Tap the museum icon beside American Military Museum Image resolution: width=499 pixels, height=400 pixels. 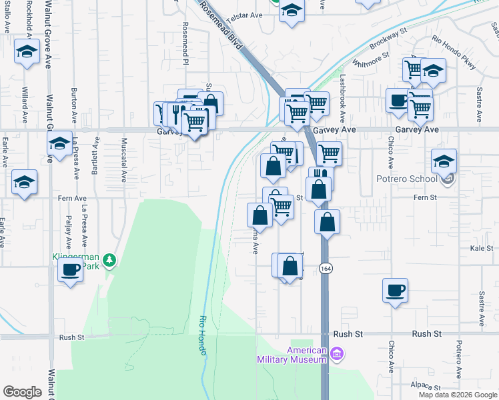[337, 353]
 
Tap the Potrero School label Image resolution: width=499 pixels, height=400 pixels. [410, 179]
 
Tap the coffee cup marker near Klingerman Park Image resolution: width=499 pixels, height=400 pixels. [70, 270]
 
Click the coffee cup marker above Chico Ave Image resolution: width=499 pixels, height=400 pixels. [395, 290]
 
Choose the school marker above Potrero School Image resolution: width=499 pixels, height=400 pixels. [444, 161]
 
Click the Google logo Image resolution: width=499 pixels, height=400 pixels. [22, 392]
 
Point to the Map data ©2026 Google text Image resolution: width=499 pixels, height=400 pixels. [458, 395]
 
